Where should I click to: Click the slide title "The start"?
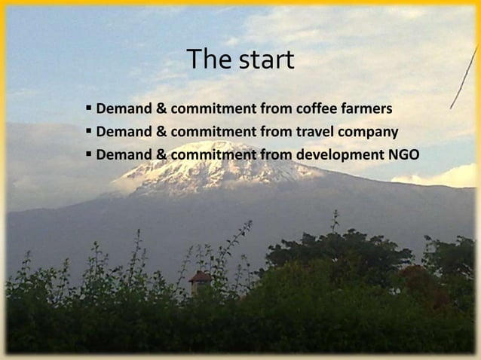(x=240, y=60)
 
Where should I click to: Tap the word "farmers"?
(x=366, y=111)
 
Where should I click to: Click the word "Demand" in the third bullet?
(x=123, y=155)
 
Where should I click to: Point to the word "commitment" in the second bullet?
(x=213, y=133)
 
